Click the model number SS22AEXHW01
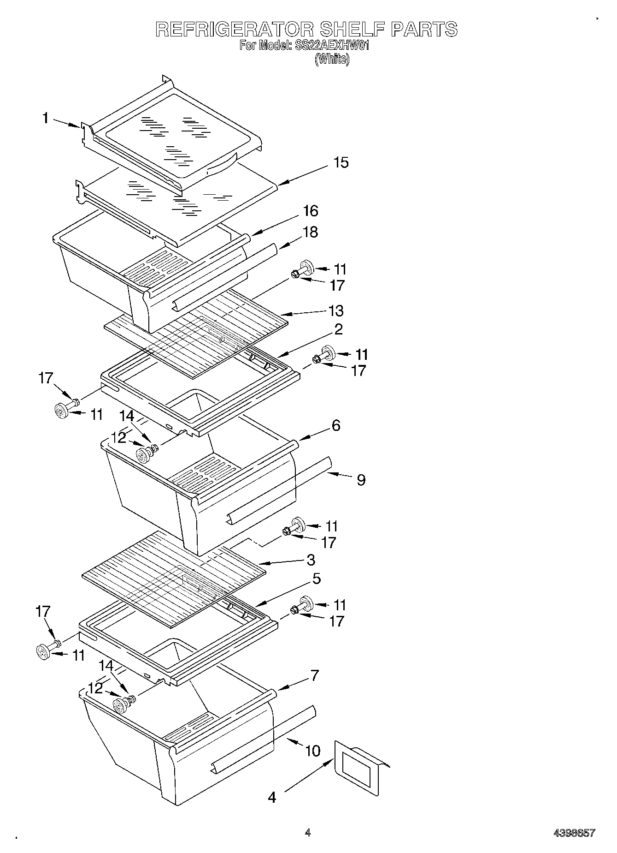[331, 46]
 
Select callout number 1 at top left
[45, 118]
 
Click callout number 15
[341, 162]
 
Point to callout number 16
[311, 211]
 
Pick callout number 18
[311, 232]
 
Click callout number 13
[336, 310]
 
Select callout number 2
[338, 329]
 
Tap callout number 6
[335, 425]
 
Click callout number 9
[361, 480]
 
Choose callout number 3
[311, 560]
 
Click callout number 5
[316, 579]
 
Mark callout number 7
[314, 675]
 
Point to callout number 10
[312, 751]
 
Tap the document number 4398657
[574, 833]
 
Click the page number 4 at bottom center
[308, 833]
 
